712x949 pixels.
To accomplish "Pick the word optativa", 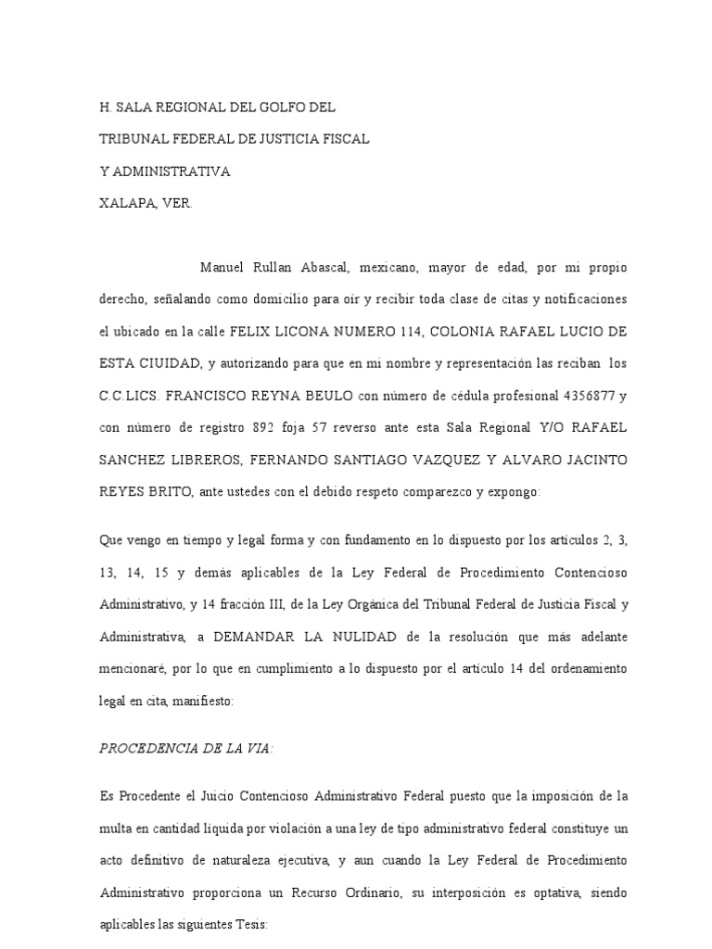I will (x=541, y=892).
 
